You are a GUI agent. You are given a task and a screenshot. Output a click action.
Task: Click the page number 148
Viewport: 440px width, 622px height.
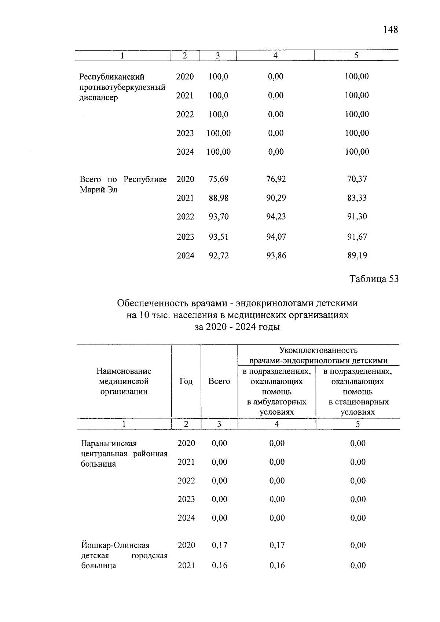point(390,29)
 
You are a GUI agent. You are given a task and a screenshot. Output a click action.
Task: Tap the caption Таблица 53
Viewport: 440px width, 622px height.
point(374,279)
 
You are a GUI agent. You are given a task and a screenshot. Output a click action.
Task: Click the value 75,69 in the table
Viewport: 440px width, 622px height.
point(219,179)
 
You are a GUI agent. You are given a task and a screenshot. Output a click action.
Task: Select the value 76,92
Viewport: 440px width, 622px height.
point(276,179)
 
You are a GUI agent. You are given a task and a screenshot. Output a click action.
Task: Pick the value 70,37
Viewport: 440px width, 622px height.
point(357,179)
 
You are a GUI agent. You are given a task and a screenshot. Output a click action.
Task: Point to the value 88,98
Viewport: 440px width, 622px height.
point(219,198)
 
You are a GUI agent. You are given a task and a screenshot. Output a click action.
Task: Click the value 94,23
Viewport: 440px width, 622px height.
point(276,217)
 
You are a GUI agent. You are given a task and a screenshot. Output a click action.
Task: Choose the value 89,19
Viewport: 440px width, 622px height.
point(357,255)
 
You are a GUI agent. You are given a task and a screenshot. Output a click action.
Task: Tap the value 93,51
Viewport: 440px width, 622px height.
point(219,237)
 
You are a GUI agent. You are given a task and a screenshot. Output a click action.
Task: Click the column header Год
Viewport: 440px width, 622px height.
point(186,381)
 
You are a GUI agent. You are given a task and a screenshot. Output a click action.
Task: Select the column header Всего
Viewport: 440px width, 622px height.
point(219,381)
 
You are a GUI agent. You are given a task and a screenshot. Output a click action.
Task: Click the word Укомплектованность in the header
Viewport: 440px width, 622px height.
point(318,350)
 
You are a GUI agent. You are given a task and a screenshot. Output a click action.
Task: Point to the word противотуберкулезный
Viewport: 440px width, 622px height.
point(122,87)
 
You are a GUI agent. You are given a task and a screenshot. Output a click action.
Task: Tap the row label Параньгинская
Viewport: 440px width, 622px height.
point(109,443)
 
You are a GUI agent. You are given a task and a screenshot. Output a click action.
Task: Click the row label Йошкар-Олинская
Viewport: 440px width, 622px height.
point(115,545)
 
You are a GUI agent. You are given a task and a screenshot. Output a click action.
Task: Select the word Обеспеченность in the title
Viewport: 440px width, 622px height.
point(152,303)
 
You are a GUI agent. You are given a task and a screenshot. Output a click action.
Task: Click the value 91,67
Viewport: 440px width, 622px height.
point(357,237)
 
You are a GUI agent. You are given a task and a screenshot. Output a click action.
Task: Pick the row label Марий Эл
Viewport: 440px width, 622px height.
point(98,190)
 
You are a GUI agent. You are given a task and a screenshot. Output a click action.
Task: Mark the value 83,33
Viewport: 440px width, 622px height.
point(357,198)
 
